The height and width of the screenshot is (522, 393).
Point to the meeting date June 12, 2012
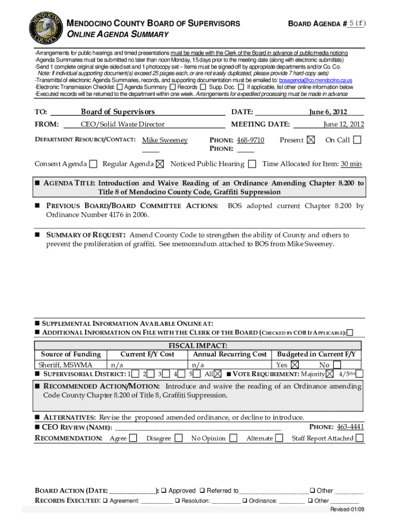pyautogui.click(x=343, y=124)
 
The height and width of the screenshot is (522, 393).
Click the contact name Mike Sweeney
pyautogui.click(x=165, y=140)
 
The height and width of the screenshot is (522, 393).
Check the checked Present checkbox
pyautogui.click(x=311, y=140)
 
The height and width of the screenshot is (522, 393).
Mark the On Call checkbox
pyautogui.click(x=357, y=140)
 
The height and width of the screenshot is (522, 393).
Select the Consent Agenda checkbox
pyautogui.click(x=93, y=164)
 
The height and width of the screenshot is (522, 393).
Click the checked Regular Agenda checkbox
pyautogui.click(x=160, y=164)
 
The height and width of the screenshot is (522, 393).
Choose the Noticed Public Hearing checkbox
pyautogui.click(x=252, y=164)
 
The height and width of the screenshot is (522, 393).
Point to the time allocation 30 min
pyautogui.click(x=351, y=164)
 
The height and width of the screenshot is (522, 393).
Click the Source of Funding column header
pyautogui.click(x=70, y=354)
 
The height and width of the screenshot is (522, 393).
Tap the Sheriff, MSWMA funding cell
pyautogui.click(x=59, y=365)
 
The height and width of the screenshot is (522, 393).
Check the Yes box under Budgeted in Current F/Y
pyautogui.click(x=295, y=365)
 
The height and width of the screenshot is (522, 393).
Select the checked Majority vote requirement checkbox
pyautogui.click(x=329, y=374)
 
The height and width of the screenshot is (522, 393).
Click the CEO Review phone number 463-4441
pyautogui.click(x=351, y=427)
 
